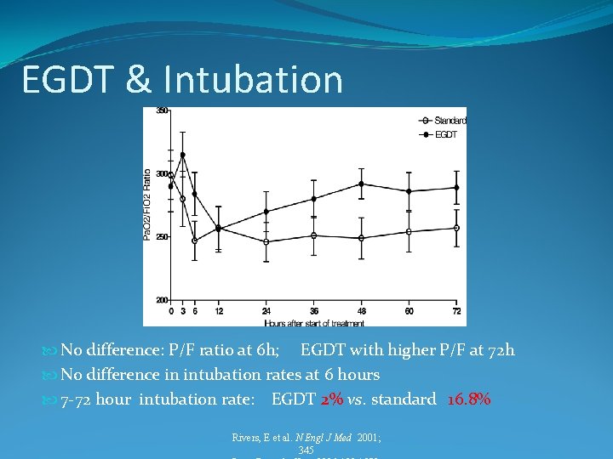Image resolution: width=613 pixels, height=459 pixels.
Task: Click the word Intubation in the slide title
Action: pyautogui.click(x=255, y=80)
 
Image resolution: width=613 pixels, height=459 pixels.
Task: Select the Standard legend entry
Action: pyautogui.click(x=450, y=121)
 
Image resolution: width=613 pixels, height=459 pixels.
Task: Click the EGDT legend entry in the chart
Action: pyautogui.click(x=444, y=134)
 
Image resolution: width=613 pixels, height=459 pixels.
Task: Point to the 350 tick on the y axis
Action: pyautogui.click(x=161, y=110)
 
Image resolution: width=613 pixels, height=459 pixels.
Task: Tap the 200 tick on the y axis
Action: pyautogui.click(x=161, y=300)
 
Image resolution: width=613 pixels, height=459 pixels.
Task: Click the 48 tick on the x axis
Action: pyautogui.click(x=361, y=311)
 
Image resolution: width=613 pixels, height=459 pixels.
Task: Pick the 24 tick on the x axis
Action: pyautogui.click(x=266, y=311)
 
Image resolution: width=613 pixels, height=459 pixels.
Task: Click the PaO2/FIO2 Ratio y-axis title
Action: pyautogui.click(x=147, y=205)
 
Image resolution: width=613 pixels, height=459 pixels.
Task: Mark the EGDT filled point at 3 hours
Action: pyautogui.click(x=182, y=156)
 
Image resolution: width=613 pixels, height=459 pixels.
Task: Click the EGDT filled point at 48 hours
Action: pyautogui.click(x=361, y=184)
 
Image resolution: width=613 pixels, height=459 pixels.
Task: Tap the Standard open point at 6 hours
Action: pyautogui.click(x=194, y=241)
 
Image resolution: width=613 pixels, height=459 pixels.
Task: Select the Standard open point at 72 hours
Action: pyautogui.click(x=456, y=228)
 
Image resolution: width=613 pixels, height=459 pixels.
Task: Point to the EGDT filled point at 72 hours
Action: pyautogui.click(x=456, y=188)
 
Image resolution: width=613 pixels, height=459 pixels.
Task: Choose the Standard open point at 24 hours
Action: pyautogui.click(x=266, y=241)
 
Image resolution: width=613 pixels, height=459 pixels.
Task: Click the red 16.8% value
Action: pyautogui.click(x=469, y=399)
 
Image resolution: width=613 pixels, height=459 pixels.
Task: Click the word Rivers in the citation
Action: pyautogui.click(x=248, y=438)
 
